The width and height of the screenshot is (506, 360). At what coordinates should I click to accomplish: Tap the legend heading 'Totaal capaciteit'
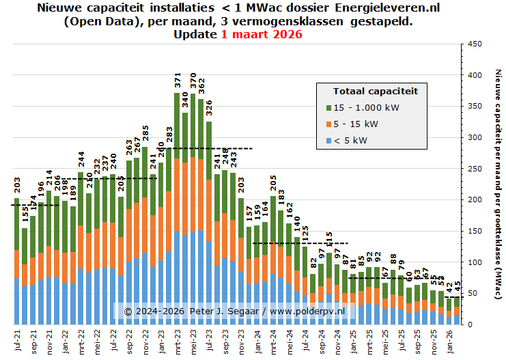[375, 90]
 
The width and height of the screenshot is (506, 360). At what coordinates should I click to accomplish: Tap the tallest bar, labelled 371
[177, 205]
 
